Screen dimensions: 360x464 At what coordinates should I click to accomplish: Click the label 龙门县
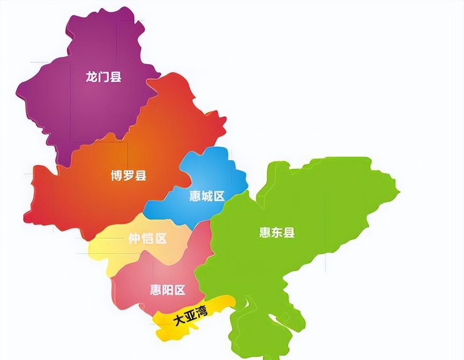point(103,77)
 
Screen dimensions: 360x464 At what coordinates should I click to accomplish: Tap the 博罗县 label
point(129,176)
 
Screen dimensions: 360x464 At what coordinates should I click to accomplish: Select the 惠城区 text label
point(207,196)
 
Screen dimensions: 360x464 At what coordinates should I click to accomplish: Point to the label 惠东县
point(277,232)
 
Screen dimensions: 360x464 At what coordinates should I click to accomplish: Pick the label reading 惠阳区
point(168,290)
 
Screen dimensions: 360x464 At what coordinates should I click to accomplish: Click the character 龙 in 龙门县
point(91,77)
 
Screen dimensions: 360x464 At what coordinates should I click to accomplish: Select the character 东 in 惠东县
point(277,232)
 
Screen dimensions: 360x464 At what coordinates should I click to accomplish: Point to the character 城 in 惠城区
point(207,196)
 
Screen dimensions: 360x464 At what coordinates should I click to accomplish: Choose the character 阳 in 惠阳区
point(168,290)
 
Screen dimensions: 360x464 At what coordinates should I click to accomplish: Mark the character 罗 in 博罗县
point(129,176)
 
